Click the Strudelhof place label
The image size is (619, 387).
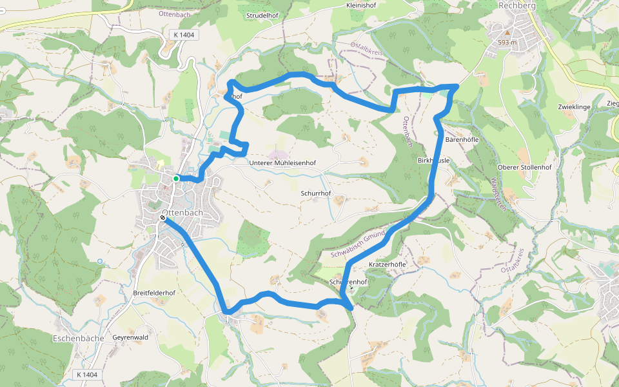(262, 15)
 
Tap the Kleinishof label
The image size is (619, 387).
(361, 5)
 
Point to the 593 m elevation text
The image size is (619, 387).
(507, 42)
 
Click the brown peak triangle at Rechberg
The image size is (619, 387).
(507, 32)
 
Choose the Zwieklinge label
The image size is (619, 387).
(575, 106)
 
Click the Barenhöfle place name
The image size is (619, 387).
(464, 139)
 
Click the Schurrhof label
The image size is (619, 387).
(316, 193)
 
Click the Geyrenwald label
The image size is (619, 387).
(130, 337)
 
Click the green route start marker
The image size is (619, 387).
(176, 179)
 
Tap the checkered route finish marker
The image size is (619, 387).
(162, 218)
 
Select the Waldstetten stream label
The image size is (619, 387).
(500, 193)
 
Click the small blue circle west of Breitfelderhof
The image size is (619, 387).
(100, 261)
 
